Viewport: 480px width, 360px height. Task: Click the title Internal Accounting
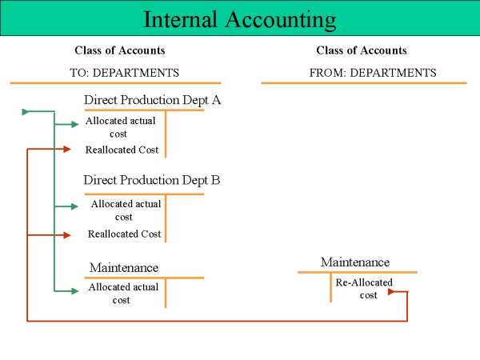240,19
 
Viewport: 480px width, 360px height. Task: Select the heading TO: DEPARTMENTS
124,73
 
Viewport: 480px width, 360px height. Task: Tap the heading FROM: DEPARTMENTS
373,73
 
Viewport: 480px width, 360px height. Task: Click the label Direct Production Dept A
152,100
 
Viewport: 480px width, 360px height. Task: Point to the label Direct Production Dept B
152,180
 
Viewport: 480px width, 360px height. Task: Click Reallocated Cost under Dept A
122,150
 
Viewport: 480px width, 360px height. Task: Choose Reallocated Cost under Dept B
124,234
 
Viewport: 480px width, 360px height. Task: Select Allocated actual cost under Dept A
120,127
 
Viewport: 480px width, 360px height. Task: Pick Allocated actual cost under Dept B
126,210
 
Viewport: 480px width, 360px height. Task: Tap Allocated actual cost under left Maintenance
123,294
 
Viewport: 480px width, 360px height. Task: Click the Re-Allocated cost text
364,289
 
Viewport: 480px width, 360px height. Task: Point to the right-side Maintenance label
355,262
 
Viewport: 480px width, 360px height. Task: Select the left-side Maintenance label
124,267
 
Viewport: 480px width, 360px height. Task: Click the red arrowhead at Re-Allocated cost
391,292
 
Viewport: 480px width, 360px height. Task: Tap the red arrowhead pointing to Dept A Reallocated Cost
67,149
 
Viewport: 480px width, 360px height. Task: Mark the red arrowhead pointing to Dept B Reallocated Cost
67,235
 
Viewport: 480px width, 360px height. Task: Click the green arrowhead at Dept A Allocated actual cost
75,124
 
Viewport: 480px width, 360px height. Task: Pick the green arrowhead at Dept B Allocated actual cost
74,206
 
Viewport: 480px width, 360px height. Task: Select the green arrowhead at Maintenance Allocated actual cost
75,291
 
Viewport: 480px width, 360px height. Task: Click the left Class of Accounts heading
120,50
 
